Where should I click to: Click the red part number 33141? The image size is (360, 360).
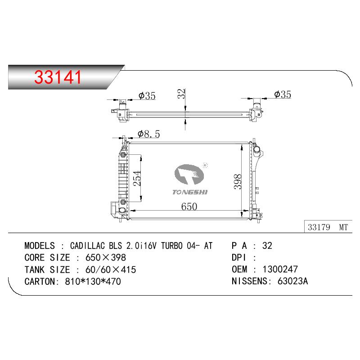click(x=58, y=77)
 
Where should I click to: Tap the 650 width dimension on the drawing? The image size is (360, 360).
click(x=189, y=207)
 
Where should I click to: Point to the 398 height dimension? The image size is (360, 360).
click(x=238, y=182)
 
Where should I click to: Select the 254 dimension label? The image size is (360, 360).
click(x=137, y=178)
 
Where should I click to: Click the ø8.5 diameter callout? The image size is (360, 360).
click(x=149, y=134)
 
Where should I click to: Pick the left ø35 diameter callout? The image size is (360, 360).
click(x=147, y=96)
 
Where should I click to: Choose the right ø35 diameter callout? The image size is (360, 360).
click(x=283, y=94)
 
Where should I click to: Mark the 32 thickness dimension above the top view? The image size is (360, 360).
click(x=181, y=94)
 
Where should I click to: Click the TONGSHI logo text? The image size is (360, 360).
click(x=190, y=192)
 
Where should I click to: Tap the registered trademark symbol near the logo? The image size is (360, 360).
click(x=205, y=165)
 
